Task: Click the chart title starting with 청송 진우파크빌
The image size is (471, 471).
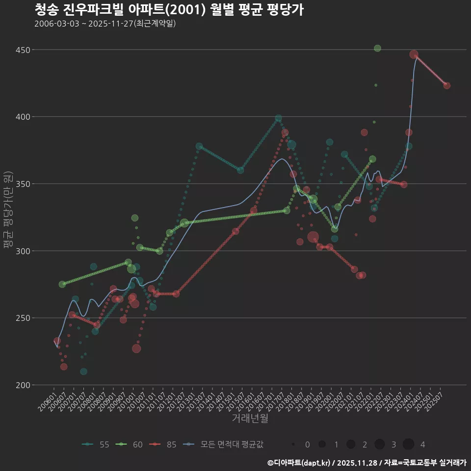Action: [169, 10]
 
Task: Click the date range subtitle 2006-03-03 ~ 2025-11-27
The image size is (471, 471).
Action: [105, 24]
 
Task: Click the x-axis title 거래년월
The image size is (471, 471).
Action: [250, 419]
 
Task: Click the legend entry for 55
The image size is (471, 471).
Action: [96, 445]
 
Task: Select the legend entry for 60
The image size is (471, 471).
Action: [130, 445]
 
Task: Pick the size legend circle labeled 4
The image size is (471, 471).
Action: [408, 445]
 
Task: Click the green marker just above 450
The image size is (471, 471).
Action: [377, 48]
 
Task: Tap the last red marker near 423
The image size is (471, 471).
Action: [446, 85]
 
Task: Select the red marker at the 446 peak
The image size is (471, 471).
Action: [414, 54]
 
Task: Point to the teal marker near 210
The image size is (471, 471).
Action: [83, 371]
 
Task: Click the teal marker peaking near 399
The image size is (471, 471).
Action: [278, 118]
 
